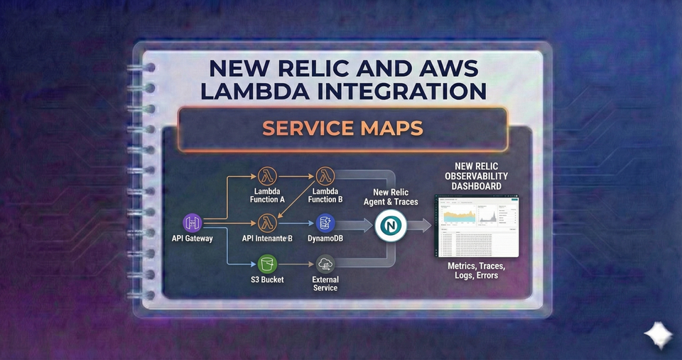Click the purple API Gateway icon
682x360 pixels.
[x=193, y=222]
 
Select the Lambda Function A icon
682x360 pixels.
[x=267, y=175]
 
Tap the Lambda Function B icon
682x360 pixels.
[x=325, y=175]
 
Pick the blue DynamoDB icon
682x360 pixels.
[x=325, y=223]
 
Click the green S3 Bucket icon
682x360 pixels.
[x=267, y=264]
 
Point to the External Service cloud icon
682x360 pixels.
[x=325, y=264]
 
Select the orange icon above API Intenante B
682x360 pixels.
[x=267, y=223]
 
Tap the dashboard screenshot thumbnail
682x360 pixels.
[x=476, y=225]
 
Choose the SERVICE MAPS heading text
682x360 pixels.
[x=342, y=129]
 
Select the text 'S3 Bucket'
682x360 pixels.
[x=267, y=280]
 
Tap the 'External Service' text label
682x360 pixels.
[x=325, y=283]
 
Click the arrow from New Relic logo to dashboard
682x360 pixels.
[x=419, y=226]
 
